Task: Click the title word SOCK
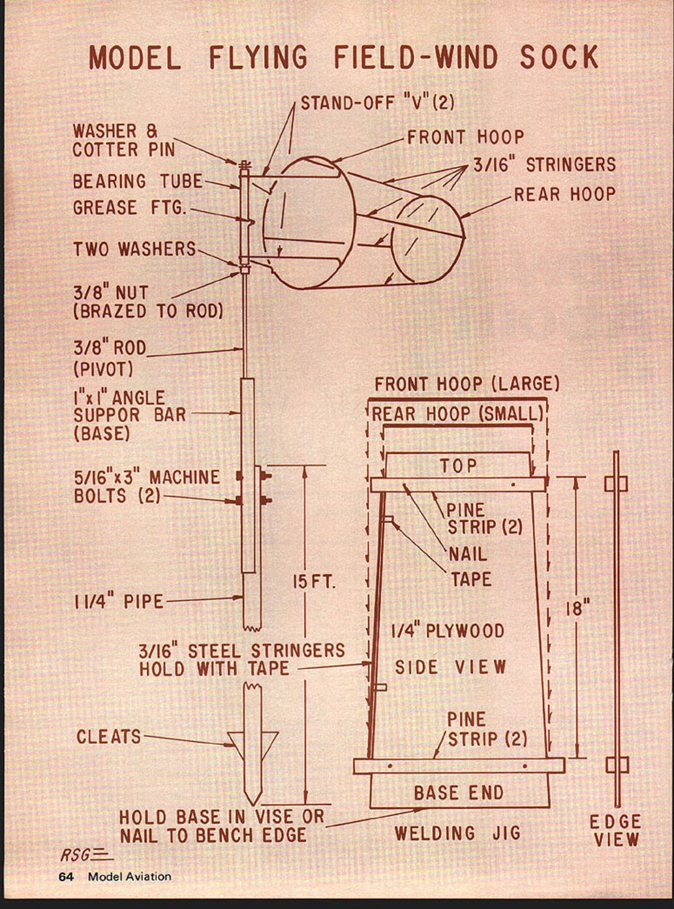[x=559, y=57]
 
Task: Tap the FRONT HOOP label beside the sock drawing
[x=465, y=137]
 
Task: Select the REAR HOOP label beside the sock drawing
[x=564, y=194]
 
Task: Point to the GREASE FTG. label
[x=130, y=208]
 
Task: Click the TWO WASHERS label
[x=134, y=249]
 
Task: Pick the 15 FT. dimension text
[x=313, y=582]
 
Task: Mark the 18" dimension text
[x=577, y=609]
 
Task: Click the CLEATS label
[x=108, y=737]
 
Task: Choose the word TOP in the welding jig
[x=458, y=466]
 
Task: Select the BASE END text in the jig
[x=459, y=793]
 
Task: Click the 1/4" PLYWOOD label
[x=448, y=631]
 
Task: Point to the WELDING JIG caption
[x=457, y=833]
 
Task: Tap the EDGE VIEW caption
[x=615, y=831]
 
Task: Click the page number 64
[x=66, y=876]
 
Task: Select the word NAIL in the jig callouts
[x=467, y=554]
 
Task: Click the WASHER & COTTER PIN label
[x=123, y=140]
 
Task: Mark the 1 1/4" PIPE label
[x=118, y=601]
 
